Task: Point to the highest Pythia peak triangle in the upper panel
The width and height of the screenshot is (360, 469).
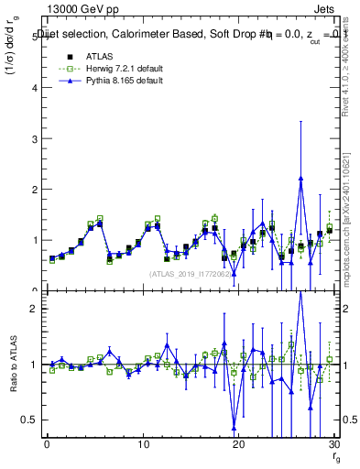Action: (300, 179)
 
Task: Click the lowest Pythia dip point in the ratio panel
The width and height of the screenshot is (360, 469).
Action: (234, 427)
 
